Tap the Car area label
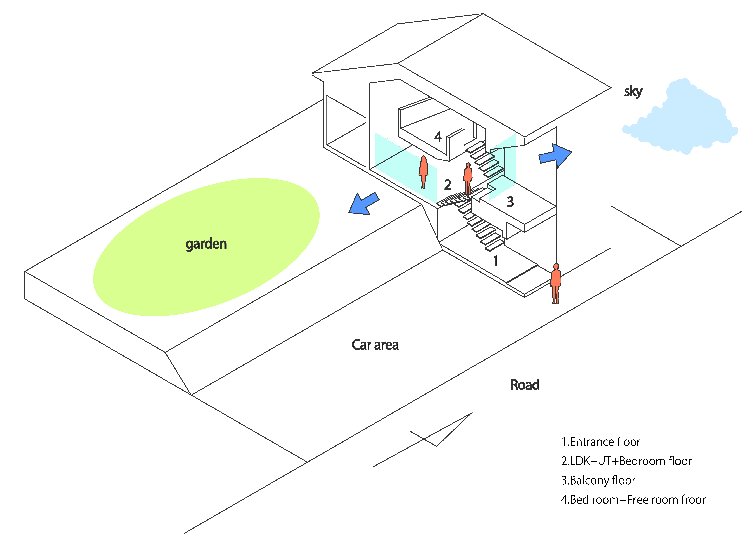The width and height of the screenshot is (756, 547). click(x=375, y=345)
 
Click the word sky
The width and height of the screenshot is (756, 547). click(x=633, y=91)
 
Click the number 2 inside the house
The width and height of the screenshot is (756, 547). click(x=448, y=185)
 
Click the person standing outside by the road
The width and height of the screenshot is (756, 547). click(x=556, y=284)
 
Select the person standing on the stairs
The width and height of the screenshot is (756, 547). click(x=468, y=178)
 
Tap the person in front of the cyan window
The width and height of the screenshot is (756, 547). click(x=423, y=172)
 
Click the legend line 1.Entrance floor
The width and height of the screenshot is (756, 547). click(x=601, y=442)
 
